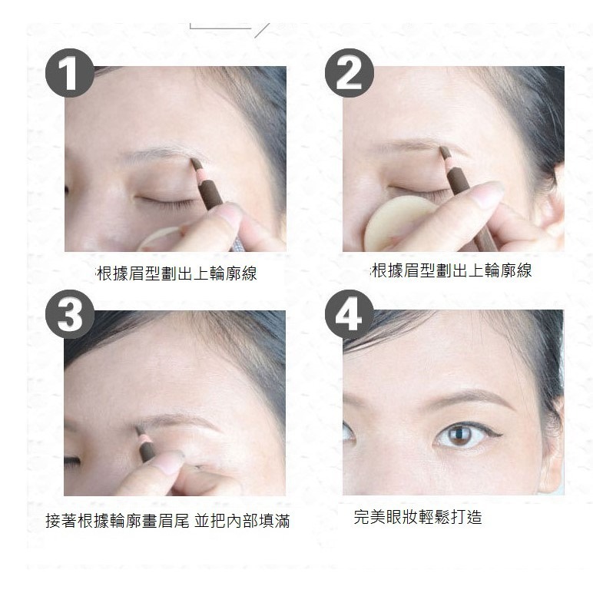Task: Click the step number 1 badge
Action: tap(70, 76)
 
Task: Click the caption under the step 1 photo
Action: tap(176, 273)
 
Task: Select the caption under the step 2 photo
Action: tap(452, 270)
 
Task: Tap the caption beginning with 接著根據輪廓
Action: tap(167, 522)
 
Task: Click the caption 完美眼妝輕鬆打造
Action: tap(418, 517)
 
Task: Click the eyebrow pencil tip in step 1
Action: tap(194, 162)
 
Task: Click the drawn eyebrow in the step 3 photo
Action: tap(181, 422)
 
